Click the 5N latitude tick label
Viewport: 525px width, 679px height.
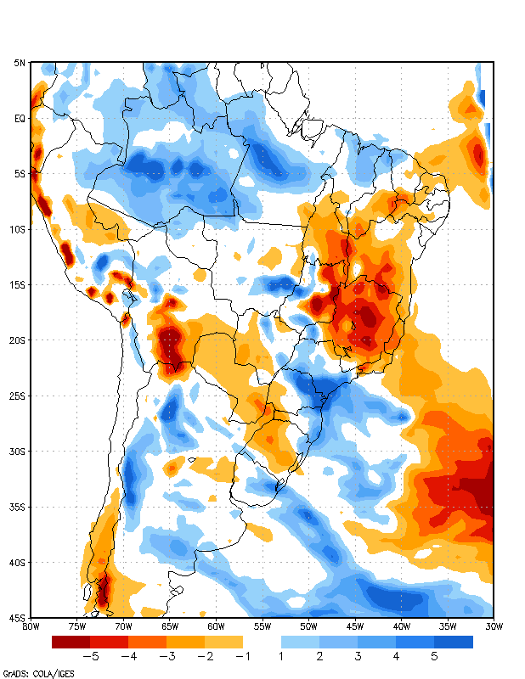click(x=20, y=64)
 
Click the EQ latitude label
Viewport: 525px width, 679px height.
click(x=20, y=119)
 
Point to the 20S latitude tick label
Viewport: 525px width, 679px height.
click(x=18, y=340)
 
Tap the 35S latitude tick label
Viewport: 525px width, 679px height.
click(x=18, y=507)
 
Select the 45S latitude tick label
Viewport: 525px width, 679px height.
click(x=18, y=617)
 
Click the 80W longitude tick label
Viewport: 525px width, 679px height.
click(x=31, y=626)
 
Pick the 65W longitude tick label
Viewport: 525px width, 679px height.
click(x=170, y=626)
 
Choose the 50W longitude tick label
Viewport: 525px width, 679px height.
click(x=308, y=626)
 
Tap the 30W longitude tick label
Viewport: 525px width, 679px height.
click(x=493, y=626)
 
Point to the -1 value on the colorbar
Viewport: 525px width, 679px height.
click(x=243, y=656)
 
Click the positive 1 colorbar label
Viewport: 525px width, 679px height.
click(x=281, y=656)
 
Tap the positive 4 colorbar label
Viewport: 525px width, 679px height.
click(x=397, y=656)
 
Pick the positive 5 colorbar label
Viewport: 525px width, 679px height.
click(x=435, y=656)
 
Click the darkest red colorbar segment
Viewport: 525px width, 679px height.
click(x=71, y=642)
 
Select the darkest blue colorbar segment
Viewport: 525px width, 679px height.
click(x=454, y=642)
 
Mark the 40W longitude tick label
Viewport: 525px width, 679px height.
click(x=400, y=626)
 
